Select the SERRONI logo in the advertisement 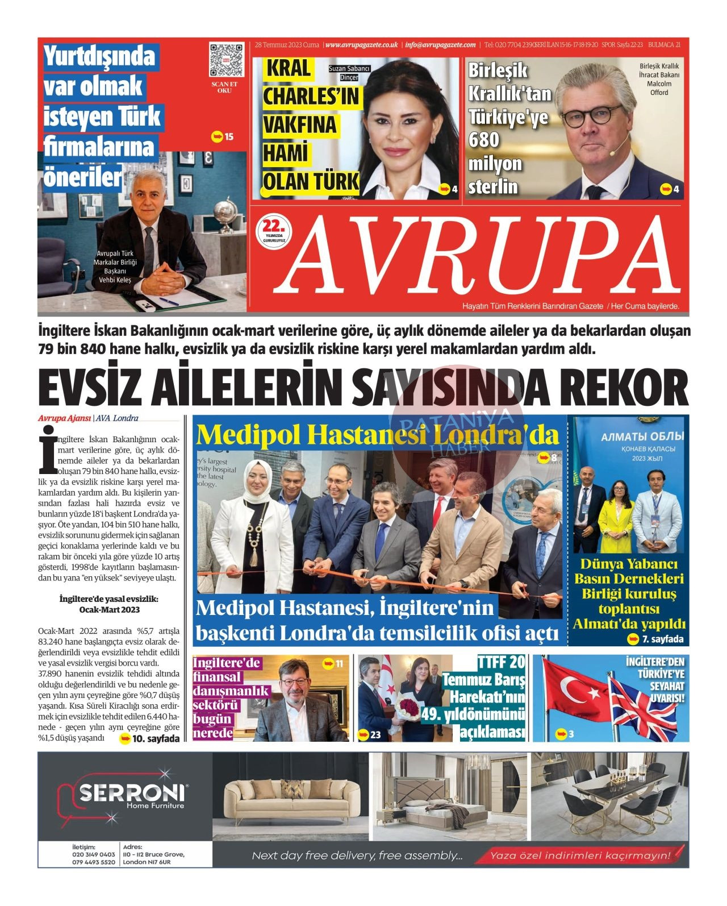[132, 793]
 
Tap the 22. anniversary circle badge [274, 231]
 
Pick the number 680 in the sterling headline [484, 140]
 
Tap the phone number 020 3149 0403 [94, 854]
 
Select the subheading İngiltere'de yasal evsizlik [108, 599]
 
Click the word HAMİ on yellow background [286, 153]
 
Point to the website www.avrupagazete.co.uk [362, 45]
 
